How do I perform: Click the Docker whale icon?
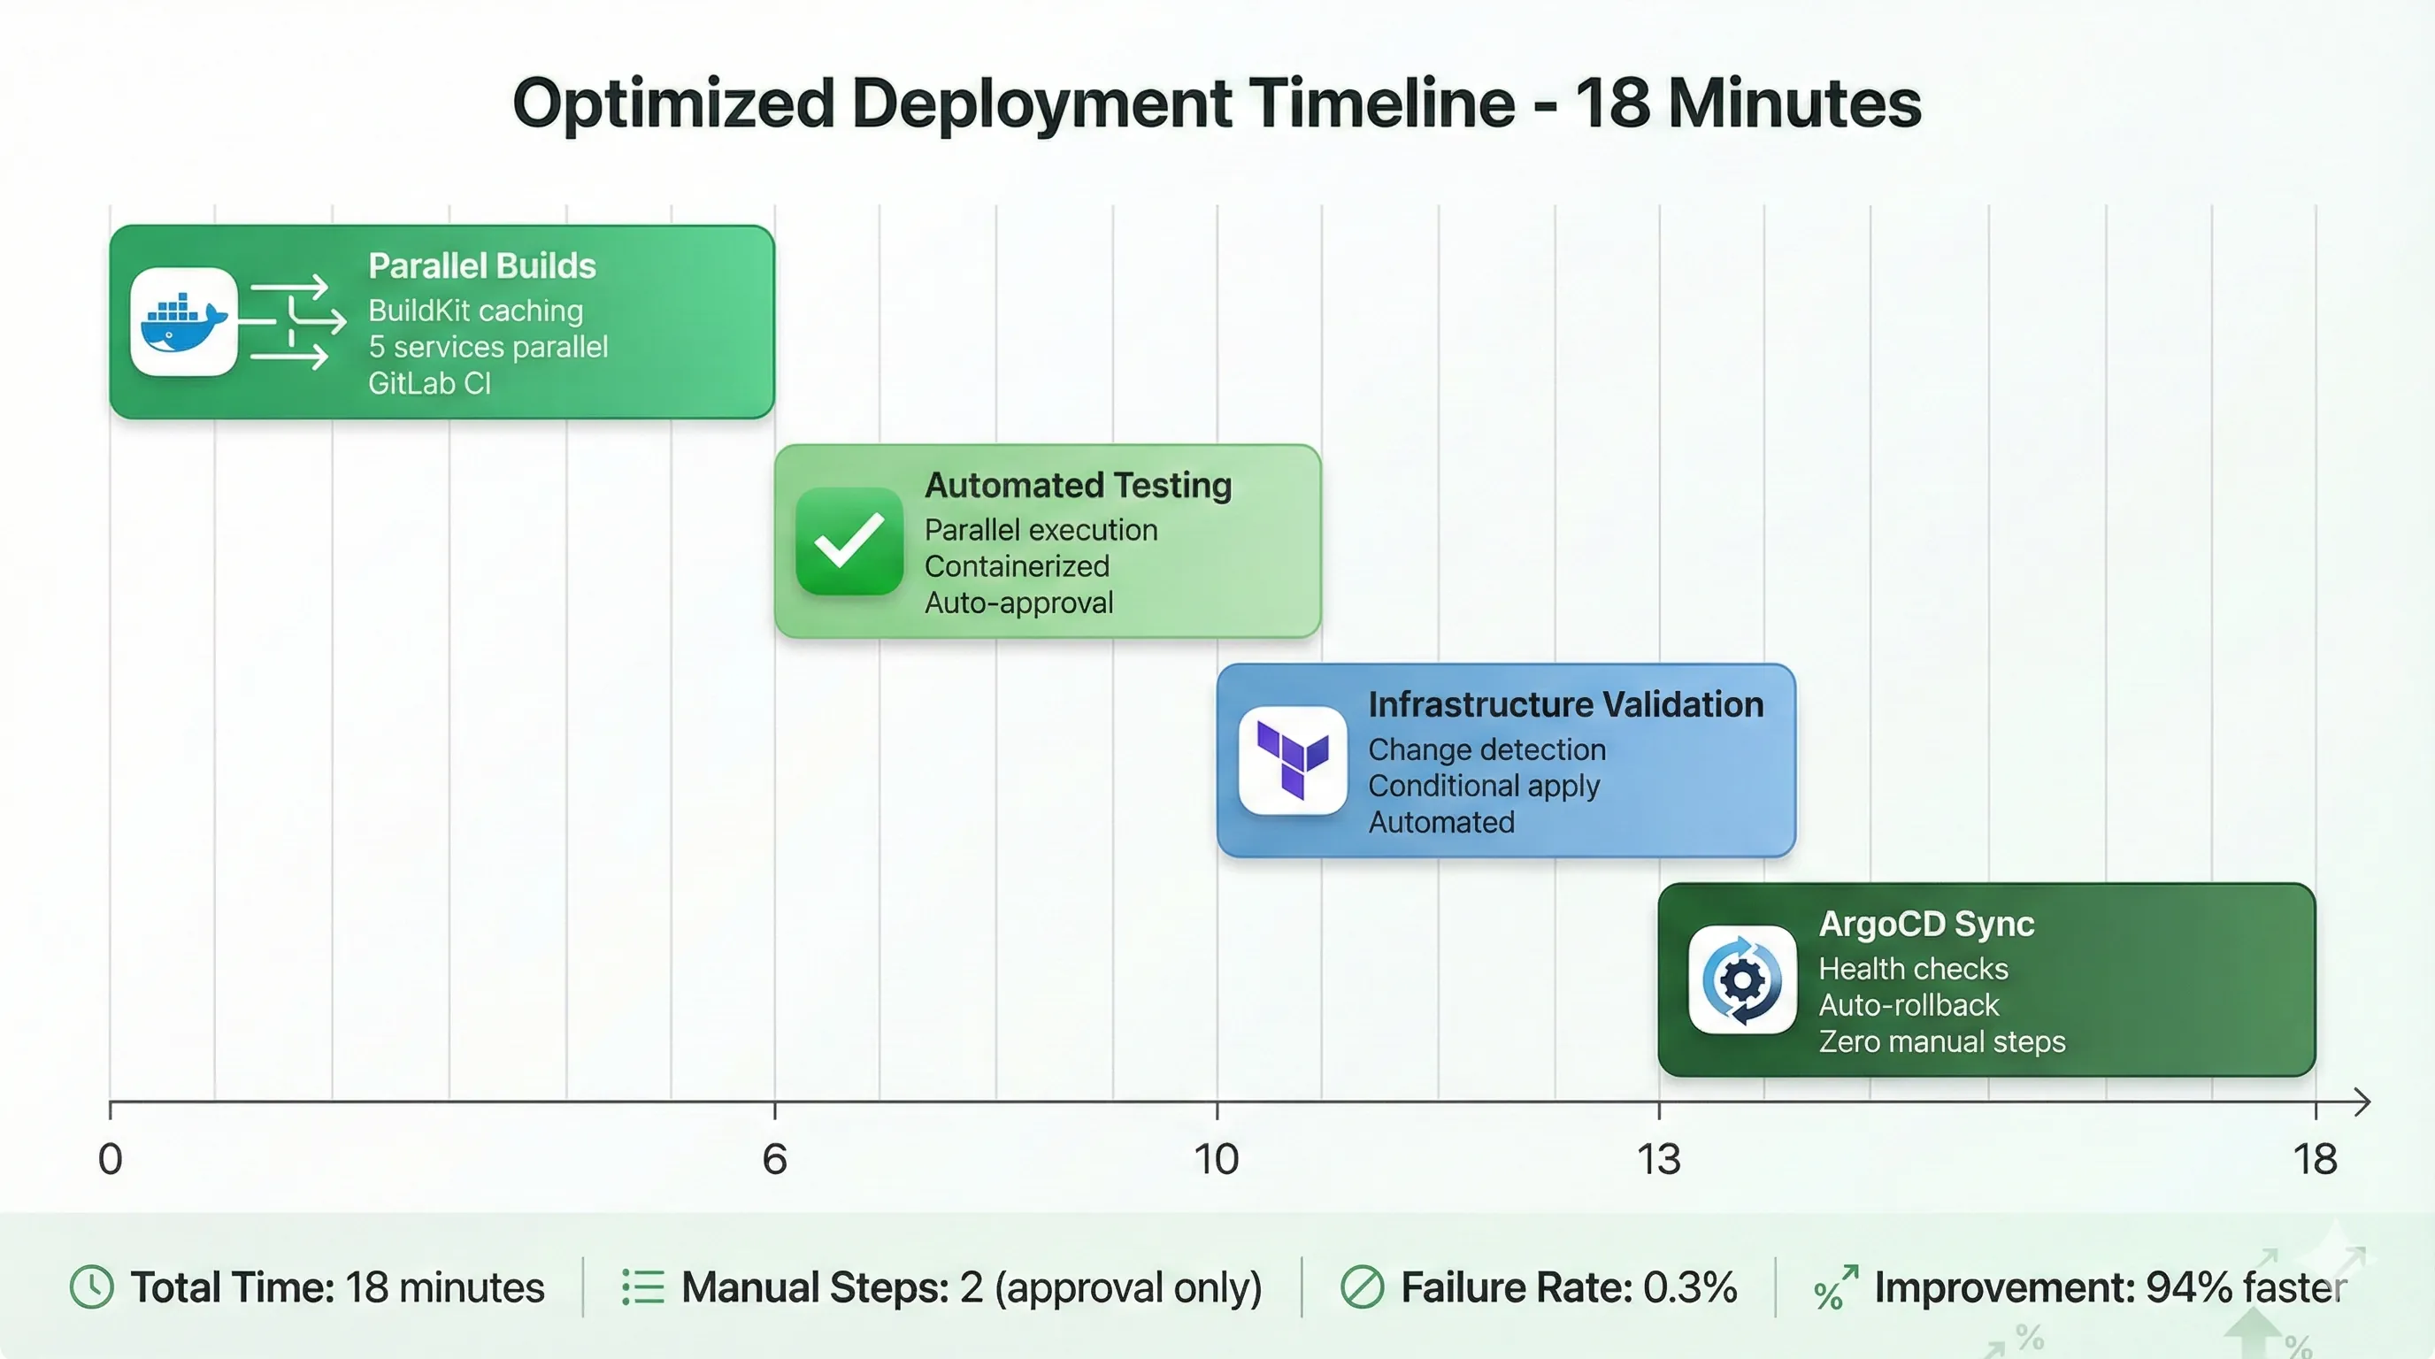tap(183, 321)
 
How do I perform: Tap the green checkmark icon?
tap(849, 541)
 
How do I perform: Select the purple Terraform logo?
tap(1292, 760)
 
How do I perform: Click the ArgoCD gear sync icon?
tap(1742, 980)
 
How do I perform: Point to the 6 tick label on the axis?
tap(774, 1159)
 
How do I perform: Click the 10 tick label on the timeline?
tap(1216, 1159)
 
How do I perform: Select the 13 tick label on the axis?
tap(1659, 1159)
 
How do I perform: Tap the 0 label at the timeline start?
tap(111, 1159)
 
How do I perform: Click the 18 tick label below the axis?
tap(2315, 1159)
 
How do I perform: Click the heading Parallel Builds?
tap(482, 266)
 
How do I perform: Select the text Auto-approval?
tap(1019, 603)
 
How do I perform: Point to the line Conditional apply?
tap(1483, 786)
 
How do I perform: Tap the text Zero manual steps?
tap(1941, 1041)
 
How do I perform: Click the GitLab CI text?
tap(429, 384)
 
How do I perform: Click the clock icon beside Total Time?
tap(92, 1287)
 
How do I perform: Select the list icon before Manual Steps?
tap(642, 1287)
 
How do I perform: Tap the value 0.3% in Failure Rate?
tap(1689, 1287)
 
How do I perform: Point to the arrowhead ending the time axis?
tap(2362, 1102)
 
